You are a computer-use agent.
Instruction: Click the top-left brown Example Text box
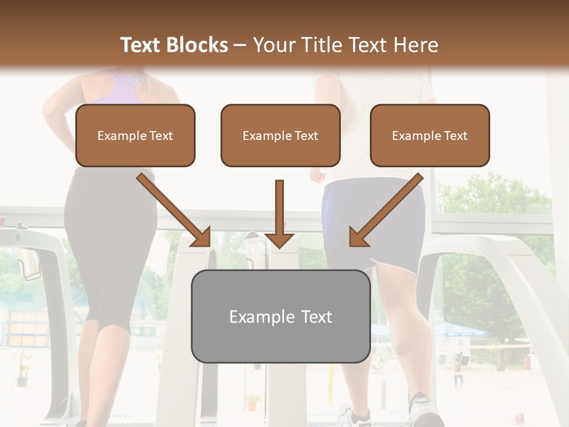click(135, 135)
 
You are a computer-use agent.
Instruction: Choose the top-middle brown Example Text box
click(280, 135)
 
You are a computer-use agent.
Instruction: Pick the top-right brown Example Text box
click(430, 135)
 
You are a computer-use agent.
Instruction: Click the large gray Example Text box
click(280, 316)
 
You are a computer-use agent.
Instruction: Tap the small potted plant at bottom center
click(252, 403)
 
